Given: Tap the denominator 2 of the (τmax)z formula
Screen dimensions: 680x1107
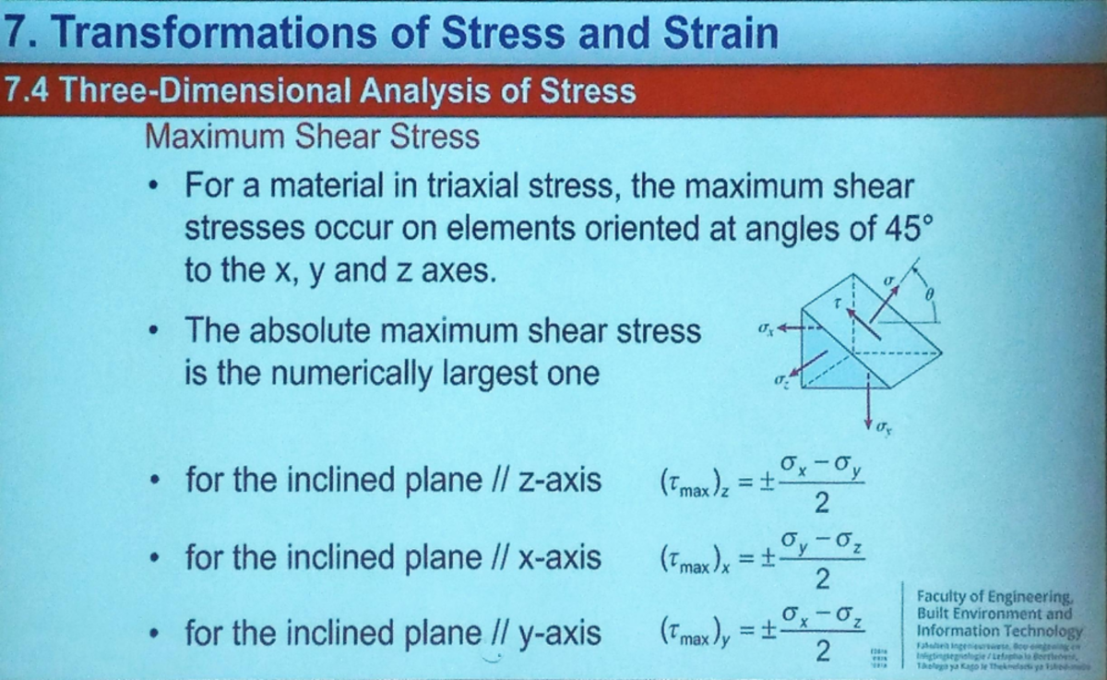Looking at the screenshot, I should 823,503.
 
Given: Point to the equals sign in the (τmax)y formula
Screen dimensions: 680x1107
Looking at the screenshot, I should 748,636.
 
